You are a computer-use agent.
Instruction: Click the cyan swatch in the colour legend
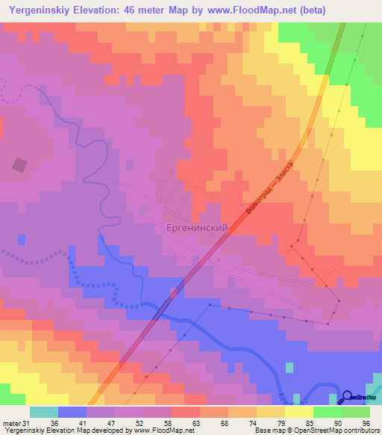point(43,412)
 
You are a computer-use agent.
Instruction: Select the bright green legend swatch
point(327,412)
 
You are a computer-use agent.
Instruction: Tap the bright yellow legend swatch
point(298,412)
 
